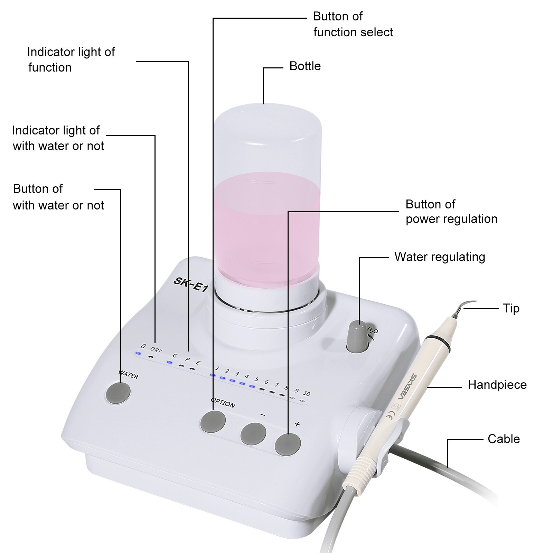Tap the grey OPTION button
[x=213, y=421]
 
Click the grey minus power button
[x=253, y=434]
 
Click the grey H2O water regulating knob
[x=357, y=337]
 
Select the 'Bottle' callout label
[x=305, y=66]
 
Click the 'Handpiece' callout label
[x=497, y=385]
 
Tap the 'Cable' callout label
[x=504, y=439]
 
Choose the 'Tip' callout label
[x=511, y=308]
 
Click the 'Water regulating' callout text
[x=440, y=257]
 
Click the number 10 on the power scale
[x=306, y=393]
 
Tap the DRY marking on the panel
[x=156, y=350]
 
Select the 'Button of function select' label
[x=353, y=24]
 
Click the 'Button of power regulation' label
[x=451, y=212]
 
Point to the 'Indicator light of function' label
[x=71, y=59]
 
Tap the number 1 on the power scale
[x=217, y=368]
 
